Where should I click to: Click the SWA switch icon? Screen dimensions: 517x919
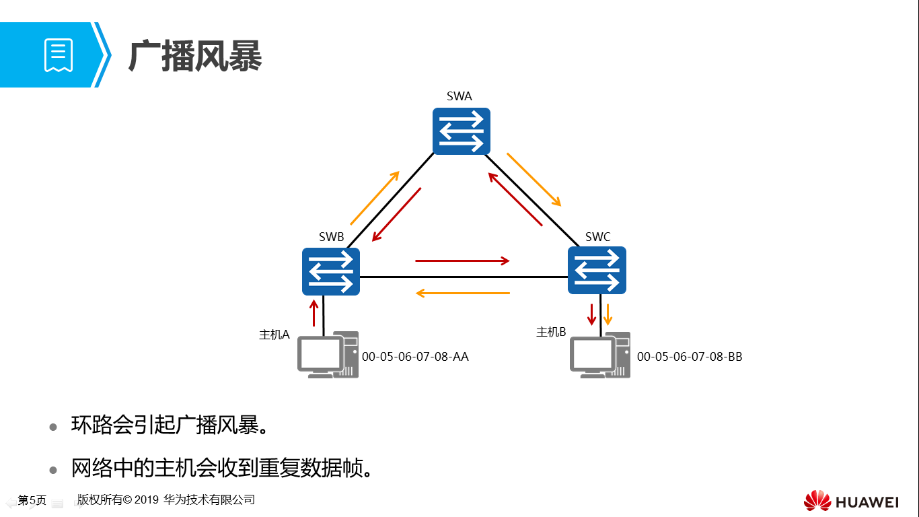[x=461, y=131]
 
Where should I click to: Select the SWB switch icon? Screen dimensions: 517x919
[x=330, y=271]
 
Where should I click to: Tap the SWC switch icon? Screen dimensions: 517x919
[x=597, y=270]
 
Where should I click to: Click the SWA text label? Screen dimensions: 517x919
[x=459, y=96]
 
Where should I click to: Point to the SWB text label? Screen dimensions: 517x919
[x=331, y=237]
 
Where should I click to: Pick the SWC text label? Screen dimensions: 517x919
[x=597, y=236]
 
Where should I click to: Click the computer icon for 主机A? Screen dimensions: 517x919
[x=328, y=355]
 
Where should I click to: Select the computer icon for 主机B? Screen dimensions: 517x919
[x=600, y=355]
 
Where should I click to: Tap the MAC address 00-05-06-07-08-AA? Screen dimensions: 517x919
[x=415, y=357]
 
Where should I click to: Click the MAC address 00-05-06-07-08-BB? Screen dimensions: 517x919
[x=690, y=357]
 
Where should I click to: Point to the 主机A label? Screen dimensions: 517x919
[x=274, y=335]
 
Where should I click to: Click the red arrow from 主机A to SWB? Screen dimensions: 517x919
[x=314, y=313]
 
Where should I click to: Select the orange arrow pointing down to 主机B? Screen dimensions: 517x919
[x=608, y=314]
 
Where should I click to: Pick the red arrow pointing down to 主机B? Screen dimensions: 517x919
[x=593, y=314]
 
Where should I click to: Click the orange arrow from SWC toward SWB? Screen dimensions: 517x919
[x=462, y=293]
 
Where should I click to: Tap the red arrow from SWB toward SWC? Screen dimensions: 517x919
[x=462, y=261]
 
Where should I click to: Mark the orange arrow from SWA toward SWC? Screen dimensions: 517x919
[x=534, y=179]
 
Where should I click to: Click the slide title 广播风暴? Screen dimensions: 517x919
[x=195, y=55]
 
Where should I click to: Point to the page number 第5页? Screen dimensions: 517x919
[x=32, y=500]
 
